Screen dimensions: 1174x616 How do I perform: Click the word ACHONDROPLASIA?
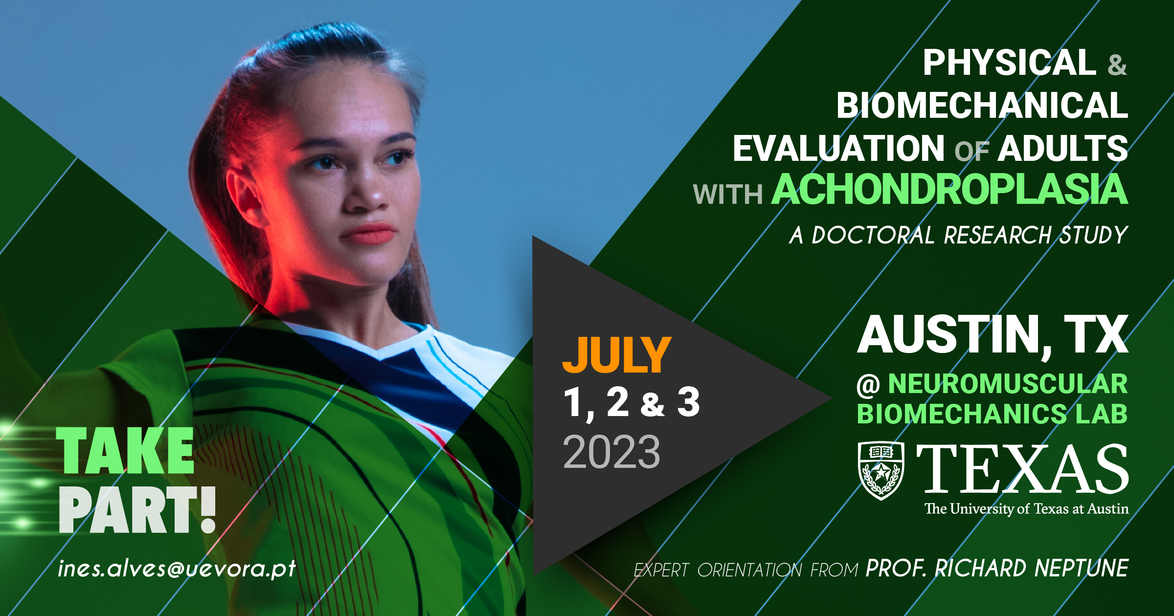coord(949,189)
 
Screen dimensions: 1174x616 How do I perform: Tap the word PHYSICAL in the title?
coord(1010,63)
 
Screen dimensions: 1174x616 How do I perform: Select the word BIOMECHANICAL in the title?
coord(982,106)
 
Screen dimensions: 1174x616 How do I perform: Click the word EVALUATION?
coord(838,149)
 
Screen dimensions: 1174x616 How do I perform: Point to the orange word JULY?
coord(616,355)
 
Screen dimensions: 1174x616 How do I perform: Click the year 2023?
coord(611,452)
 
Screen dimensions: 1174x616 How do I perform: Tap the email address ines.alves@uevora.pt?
coord(177,568)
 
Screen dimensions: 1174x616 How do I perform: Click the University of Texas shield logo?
coord(881,471)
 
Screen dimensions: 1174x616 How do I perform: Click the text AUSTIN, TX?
coord(993,335)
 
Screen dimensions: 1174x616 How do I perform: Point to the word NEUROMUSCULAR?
coord(1008,383)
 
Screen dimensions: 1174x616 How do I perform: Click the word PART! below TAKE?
coord(137,510)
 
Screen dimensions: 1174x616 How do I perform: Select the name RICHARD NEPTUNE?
coord(1032,568)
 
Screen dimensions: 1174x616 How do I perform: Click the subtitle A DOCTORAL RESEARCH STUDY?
coord(959,235)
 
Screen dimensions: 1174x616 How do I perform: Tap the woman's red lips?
coord(368,234)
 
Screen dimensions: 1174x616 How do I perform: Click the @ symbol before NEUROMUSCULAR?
coord(869,385)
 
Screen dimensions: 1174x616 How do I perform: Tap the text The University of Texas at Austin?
coord(1027,509)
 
